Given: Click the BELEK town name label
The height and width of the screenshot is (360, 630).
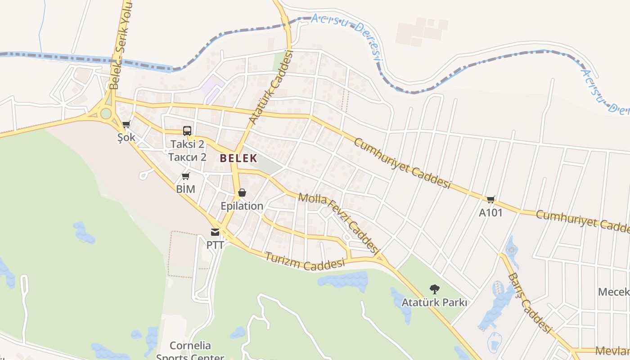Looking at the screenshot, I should (x=238, y=158).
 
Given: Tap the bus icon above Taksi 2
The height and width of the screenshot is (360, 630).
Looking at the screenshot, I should (x=187, y=131).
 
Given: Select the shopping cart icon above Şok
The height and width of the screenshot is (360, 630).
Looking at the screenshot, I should (x=126, y=124).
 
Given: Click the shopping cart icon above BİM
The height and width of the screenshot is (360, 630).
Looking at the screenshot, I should (x=185, y=176).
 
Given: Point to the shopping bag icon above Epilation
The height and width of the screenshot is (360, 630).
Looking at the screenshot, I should (x=242, y=193).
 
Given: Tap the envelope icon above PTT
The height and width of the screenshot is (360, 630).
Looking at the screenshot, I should (x=215, y=232).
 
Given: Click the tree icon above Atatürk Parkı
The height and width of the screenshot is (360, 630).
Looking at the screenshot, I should (x=434, y=289).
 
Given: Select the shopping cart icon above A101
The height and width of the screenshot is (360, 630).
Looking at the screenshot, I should (x=490, y=199).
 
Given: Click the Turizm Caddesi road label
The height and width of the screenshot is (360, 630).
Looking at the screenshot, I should (x=305, y=261).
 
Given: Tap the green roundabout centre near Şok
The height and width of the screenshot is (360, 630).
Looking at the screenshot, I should (x=106, y=113).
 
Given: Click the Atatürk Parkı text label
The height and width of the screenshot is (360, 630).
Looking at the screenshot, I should (x=434, y=302).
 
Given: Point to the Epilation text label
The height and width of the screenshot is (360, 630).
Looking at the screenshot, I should (x=242, y=206).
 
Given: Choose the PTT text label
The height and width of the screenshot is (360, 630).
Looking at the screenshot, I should (x=215, y=245).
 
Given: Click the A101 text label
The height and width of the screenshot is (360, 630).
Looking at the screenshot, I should (x=490, y=212).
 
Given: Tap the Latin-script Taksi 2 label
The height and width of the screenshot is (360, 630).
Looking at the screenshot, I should (x=187, y=144).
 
